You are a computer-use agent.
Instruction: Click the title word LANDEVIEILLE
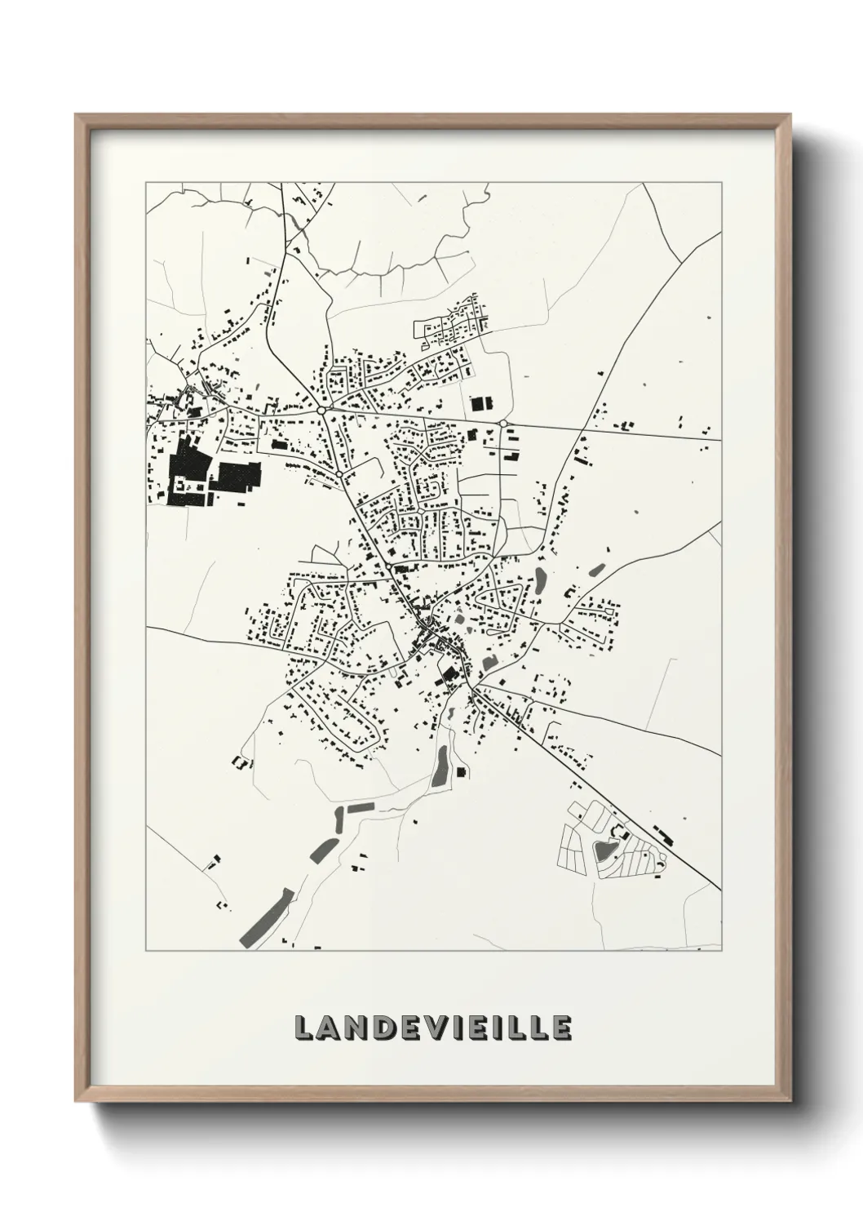tap(433, 1028)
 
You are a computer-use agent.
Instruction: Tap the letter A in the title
tap(330, 1028)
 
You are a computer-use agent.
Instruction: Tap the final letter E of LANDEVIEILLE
tap(560, 1028)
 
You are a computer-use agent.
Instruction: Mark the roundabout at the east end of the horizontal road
tap(503, 423)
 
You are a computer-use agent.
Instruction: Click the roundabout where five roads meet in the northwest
tap(323, 410)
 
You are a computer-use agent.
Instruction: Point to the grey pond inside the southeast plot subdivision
tap(604, 850)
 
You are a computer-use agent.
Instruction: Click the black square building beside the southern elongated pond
tap(461, 771)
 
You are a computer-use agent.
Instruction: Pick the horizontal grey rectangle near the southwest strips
tap(359, 807)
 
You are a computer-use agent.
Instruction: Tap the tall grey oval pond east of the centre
tap(539, 580)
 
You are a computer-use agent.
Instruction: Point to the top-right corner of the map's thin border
tap(721, 183)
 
